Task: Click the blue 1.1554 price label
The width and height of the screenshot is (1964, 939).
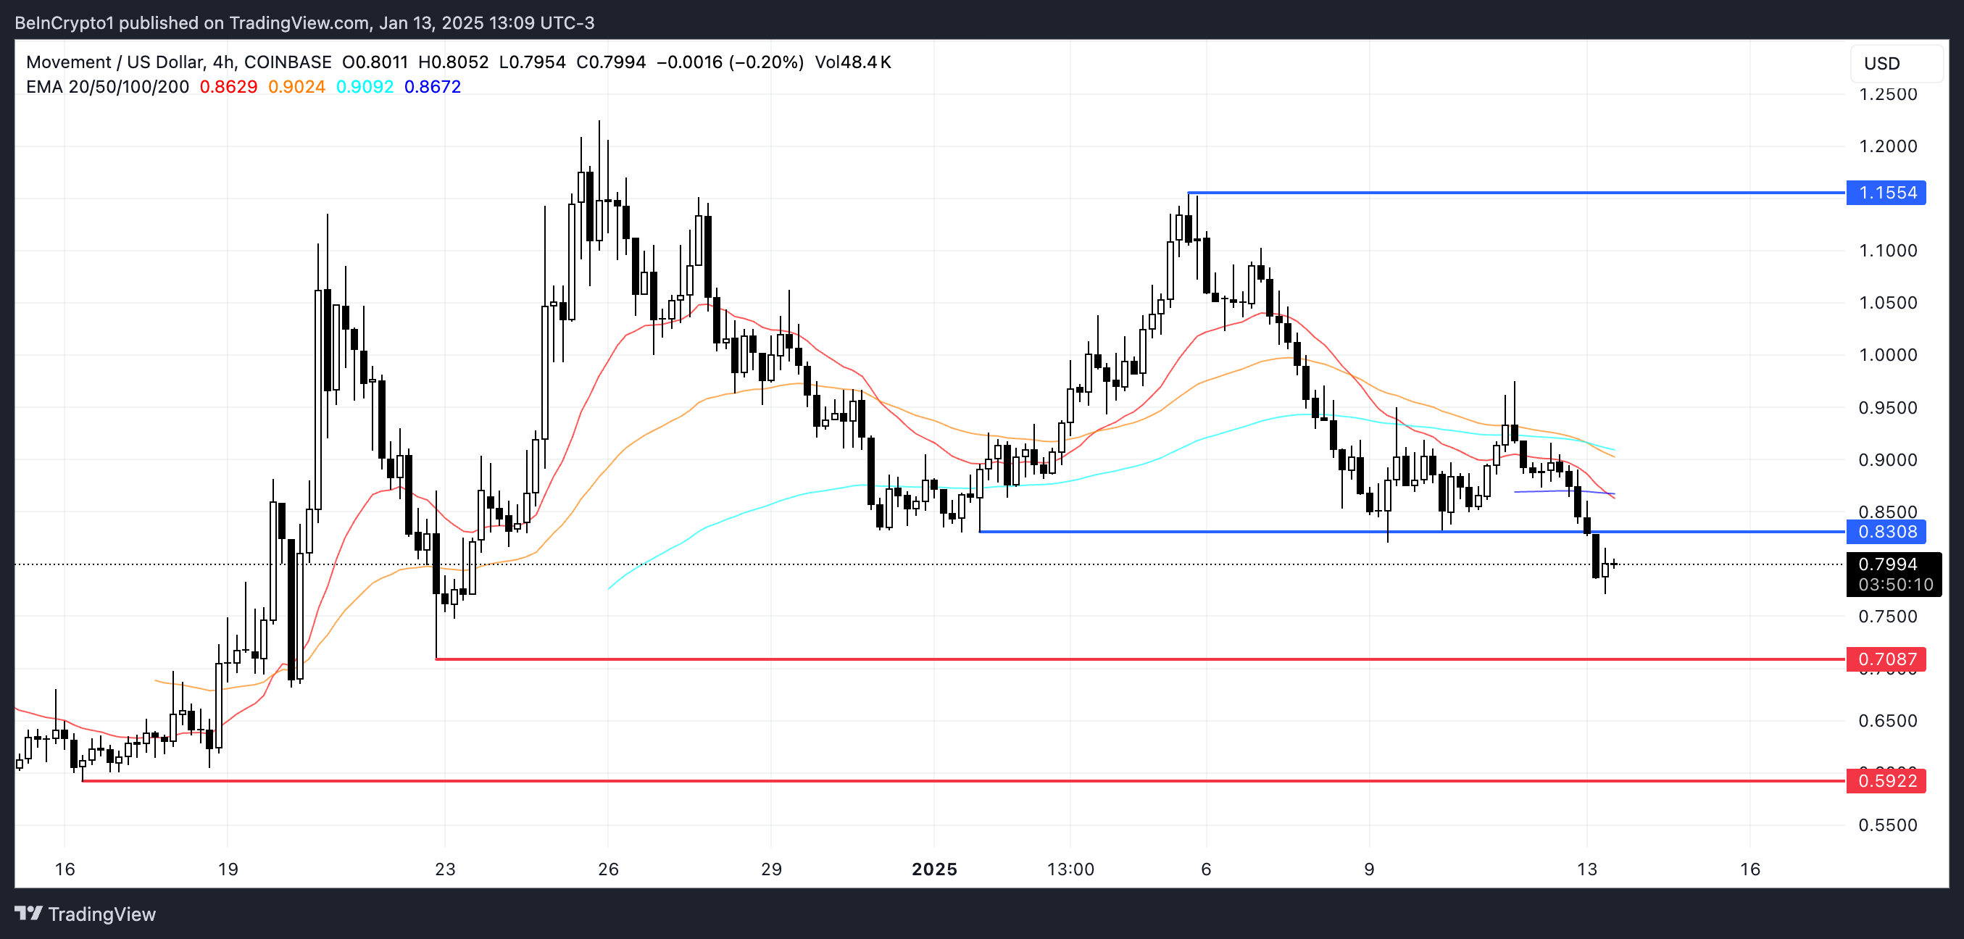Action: click(1886, 193)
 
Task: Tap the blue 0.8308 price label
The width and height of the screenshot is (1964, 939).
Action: click(1886, 531)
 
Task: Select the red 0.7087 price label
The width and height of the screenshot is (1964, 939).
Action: click(1886, 659)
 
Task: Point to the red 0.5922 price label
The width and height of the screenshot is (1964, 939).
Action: click(1886, 780)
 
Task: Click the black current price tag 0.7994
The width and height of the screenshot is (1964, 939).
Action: click(1887, 564)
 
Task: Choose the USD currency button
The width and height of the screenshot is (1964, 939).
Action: click(1881, 63)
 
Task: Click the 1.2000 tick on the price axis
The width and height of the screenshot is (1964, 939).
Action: click(1888, 146)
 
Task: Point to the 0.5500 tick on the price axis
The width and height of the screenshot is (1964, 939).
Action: click(1888, 825)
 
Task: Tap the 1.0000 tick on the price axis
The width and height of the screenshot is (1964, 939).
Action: click(1888, 355)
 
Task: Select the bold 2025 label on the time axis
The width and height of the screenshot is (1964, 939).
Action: click(934, 869)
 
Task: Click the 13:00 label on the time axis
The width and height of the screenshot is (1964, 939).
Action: click(1070, 869)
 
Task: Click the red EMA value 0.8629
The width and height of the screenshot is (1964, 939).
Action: click(228, 87)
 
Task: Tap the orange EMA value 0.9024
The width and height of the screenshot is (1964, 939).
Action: click(296, 87)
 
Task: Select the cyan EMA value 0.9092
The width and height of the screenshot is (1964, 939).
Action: click(365, 87)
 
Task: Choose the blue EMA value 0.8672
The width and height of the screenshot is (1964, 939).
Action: click(432, 87)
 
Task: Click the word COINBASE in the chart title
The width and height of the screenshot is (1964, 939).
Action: click(288, 62)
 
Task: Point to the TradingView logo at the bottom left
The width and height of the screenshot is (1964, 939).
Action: click(86, 914)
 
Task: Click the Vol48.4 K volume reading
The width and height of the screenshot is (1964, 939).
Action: click(852, 62)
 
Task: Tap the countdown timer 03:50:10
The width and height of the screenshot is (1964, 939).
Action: click(1895, 585)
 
